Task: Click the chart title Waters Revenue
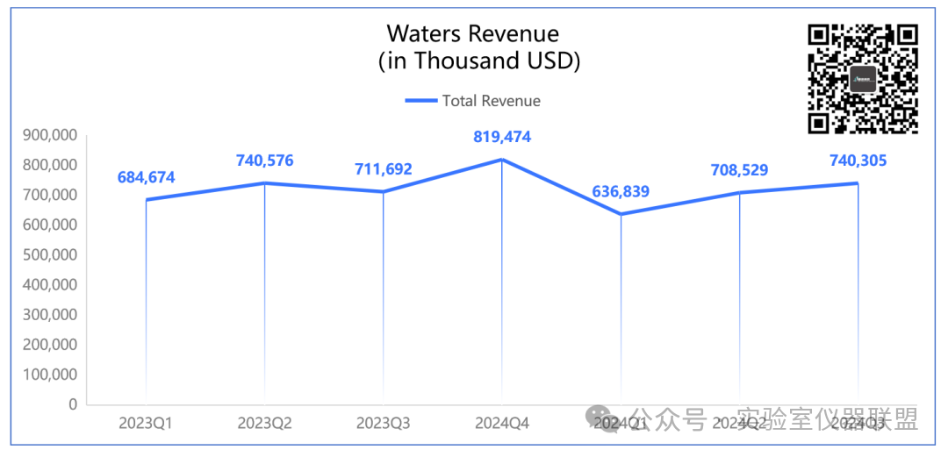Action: point(473,34)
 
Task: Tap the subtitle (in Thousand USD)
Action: point(479,61)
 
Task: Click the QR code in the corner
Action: point(863,79)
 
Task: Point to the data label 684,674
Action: point(147,178)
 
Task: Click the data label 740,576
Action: point(265,161)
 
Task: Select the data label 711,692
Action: point(383,169)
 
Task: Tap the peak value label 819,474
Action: point(502,138)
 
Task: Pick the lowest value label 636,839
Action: point(621,191)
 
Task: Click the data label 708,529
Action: point(739,170)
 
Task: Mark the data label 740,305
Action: point(858,161)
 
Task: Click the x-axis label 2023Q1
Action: point(146,424)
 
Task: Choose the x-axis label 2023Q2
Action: point(264,424)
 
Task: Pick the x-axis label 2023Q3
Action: point(383,424)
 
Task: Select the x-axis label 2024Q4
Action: point(502,424)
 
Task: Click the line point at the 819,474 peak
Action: point(502,160)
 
